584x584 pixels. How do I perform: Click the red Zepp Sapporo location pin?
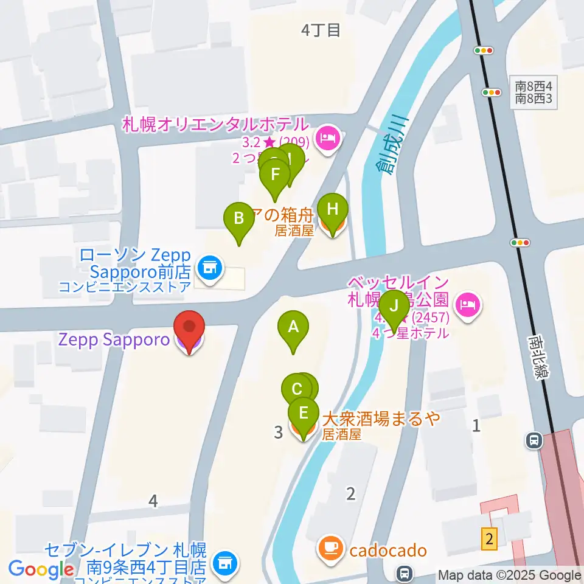click(189, 329)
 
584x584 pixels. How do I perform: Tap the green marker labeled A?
click(293, 329)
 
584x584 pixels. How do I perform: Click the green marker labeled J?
click(395, 308)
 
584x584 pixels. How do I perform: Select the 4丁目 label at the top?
click(321, 30)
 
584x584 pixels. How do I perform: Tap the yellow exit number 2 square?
click(490, 537)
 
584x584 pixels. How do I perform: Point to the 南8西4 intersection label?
click(533, 86)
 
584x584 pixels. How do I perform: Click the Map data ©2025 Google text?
click(509, 575)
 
